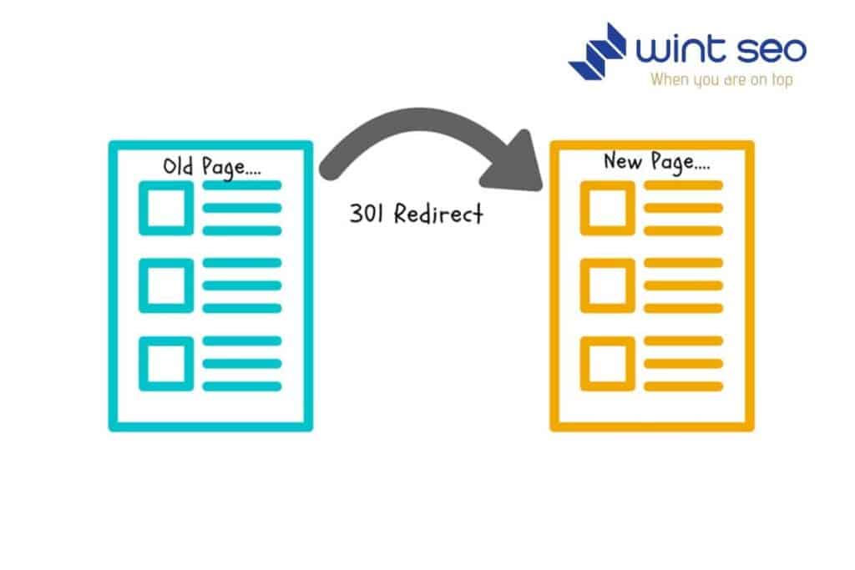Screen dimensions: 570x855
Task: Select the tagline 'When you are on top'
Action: (x=721, y=80)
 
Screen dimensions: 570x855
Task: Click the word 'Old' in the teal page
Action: (x=177, y=166)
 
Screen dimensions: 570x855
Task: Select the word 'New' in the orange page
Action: (x=621, y=160)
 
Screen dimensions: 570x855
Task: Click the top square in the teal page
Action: (x=165, y=208)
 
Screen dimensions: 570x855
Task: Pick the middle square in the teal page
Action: (x=165, y=285)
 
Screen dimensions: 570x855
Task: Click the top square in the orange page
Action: (x=607, y=208)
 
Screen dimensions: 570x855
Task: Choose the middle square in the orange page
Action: (x=607, y=285)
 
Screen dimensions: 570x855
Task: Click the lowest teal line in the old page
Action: (x=242, y=386)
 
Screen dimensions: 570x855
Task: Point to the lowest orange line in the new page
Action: (x=683, y=386)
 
